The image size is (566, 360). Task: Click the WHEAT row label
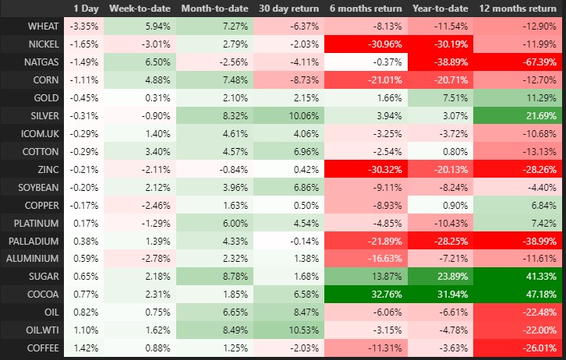click(43, 26)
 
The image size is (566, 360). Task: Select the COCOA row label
click(44, 294)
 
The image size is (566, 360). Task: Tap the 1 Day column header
click(86, 8)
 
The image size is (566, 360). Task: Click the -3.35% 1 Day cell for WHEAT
click(86, 26)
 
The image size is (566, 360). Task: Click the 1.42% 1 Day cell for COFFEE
click(86, 348)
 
